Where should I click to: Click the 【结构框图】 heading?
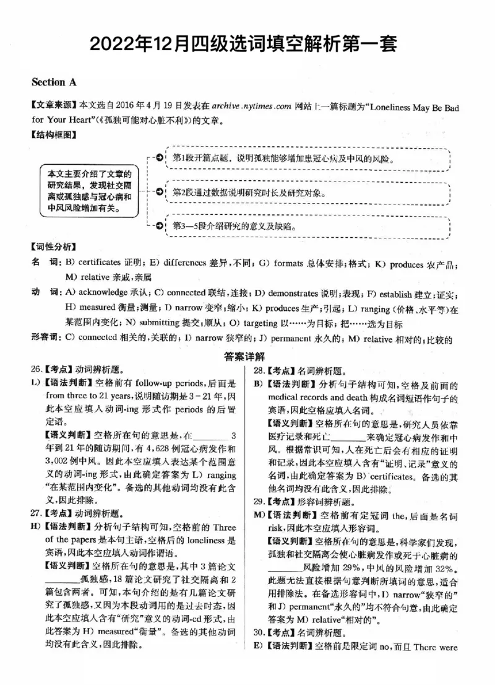[x=50, y=134]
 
